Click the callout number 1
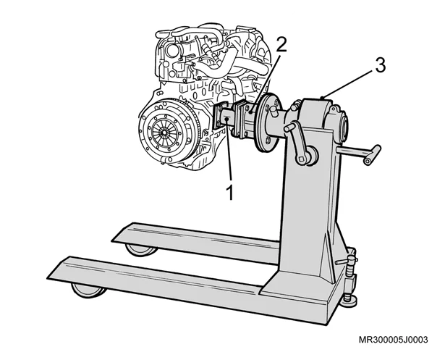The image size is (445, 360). click(229, 193)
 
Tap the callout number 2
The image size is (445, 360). click(281, 45)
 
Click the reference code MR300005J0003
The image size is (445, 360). click(394, 340)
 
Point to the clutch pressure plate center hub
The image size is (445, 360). click(164, 132)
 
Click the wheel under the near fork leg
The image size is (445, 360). click(88, 290)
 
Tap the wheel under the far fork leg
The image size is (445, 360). click(141, 249)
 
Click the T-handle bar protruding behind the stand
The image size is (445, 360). click(359, 153)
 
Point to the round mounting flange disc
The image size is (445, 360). click(266, 122)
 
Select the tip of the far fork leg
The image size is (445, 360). click(112, 241)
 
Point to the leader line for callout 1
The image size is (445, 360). click(229, 151)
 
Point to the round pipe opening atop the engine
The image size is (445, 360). click(172, 51)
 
